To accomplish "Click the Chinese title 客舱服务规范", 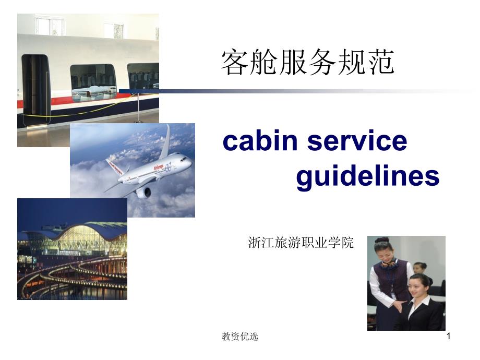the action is point(307,63).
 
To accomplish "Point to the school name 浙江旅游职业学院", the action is point(301,243).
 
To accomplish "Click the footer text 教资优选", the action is point(240,337).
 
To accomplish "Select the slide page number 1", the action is point(449,337).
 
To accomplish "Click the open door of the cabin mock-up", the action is point(35,89).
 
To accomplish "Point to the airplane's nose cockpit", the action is point(186,159).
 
